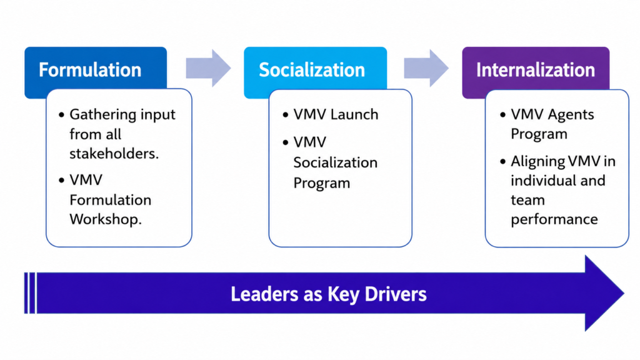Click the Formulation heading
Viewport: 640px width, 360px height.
point(90,70)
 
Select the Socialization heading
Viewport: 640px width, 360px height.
point(312,70)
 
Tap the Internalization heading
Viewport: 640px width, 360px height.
point(536,70)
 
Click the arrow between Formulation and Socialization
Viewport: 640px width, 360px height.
point(208,68)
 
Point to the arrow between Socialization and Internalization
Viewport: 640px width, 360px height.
point(426,68)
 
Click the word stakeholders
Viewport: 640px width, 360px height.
point(114,154)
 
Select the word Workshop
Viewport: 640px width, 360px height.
point(105,219)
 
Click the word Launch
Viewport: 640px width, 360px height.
point(354,114)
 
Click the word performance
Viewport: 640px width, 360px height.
point(554,220)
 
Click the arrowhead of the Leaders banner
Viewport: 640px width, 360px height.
point(604,293)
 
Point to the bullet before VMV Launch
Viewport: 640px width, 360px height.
point(285,115)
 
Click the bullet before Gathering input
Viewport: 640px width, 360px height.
point(62,115)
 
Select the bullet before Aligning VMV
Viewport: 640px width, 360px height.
point(503,162)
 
